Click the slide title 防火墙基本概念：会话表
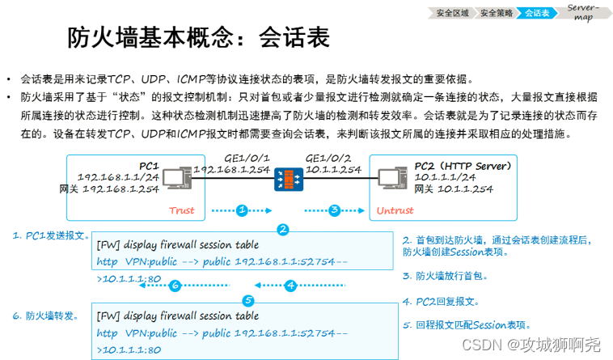(x=198, y=37)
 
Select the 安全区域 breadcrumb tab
(x=451, y=12)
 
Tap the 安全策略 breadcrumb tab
(x=495, y=12)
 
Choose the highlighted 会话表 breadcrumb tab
(x=536, y=12)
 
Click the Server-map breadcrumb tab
(x=581, y=11)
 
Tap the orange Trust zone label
(x=182, y=211)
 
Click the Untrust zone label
(x=395, y=211)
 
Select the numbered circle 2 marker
(x=282, y=230)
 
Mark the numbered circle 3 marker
(x=334, y=210)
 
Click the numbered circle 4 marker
(x=291, y=285)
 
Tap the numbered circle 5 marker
(x=248, y=301)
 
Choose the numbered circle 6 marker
(x=174, y=285)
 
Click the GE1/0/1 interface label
(x=245, y=157)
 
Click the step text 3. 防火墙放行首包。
(x=445, y=276)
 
